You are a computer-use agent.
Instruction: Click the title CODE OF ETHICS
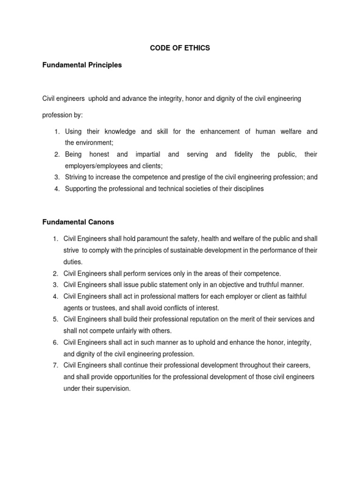180,48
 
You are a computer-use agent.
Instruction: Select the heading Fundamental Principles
82,65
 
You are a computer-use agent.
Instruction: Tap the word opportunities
130,376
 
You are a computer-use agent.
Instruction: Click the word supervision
115,388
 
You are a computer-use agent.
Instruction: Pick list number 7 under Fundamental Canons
55,365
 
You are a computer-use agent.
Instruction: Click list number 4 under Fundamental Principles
56,189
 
